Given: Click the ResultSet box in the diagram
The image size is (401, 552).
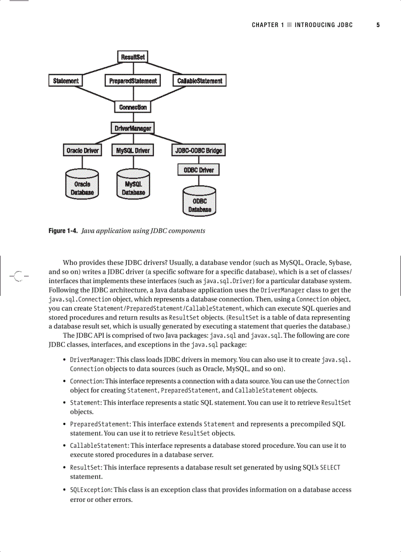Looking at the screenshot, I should pyautogui.click(x=133, y=57).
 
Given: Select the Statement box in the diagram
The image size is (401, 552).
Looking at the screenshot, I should pyautogui.click(x=65, y=81).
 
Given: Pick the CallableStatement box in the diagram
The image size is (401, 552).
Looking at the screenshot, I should pyautogui.click(x=200, y=81).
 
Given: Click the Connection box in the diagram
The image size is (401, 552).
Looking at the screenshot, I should pyautogui.click(x=133, y=107).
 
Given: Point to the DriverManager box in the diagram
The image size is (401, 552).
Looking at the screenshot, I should pyautogui.click(x=133, y=128).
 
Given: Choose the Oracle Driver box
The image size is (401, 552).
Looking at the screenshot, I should pyautogui.click(x=83, y=150).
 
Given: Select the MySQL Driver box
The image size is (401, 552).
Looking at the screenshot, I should pyautogui.click(x=133, y=150).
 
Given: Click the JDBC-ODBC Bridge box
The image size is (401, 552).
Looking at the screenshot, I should pyautogui.click(x=199, y=150).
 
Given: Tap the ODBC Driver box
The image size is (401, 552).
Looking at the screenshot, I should pyautogui.click(x=199, y=170).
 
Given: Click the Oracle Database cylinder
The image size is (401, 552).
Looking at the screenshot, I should pyautogui.click(x=82, y=185).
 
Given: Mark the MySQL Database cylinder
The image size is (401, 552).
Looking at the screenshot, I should pyautogui.click(x=133, y=185).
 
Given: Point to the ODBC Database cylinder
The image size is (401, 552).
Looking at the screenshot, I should pyautogui.click(x=200, y=202).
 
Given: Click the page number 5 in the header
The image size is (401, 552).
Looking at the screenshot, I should pyautogui.click(x=378, y=25).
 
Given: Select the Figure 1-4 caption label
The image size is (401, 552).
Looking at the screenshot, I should pyautogui.click(x=62, y=231).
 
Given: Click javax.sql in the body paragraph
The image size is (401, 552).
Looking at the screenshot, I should pyautogui.click(x=266, y=335).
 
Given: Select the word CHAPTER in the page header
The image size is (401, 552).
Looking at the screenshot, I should pyautogui.click(x=265, y=25).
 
